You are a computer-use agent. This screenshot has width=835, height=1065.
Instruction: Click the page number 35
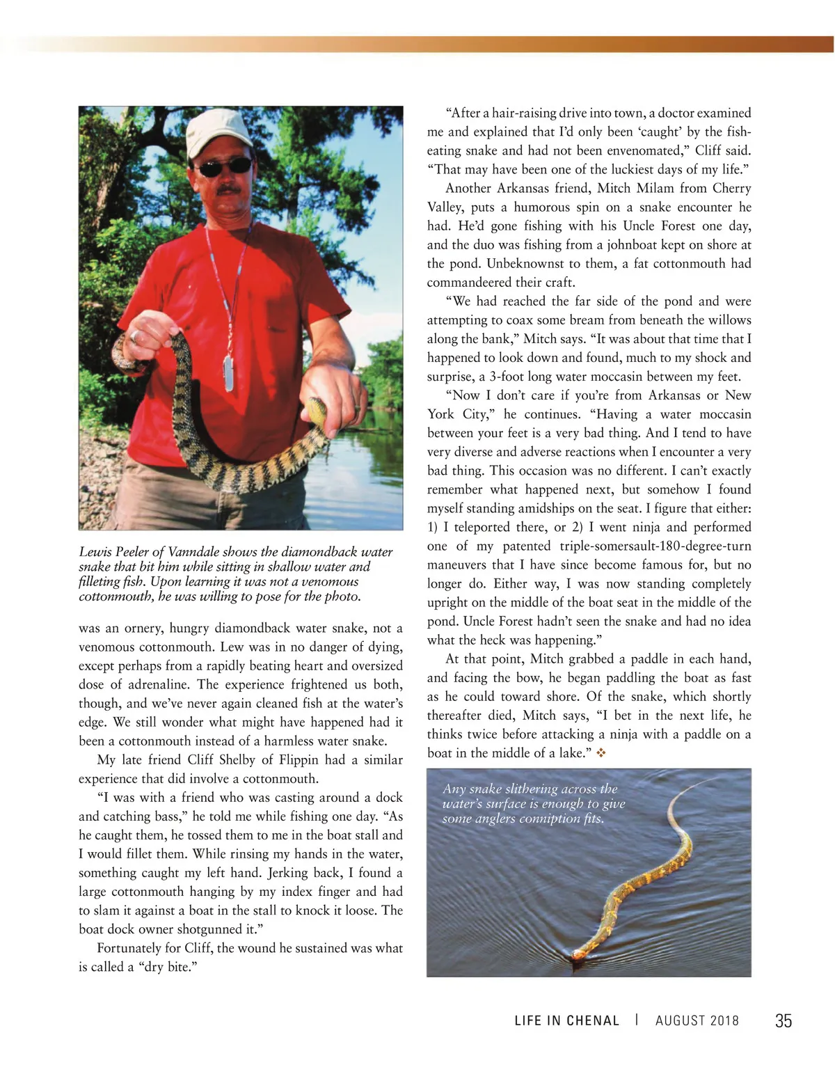(783, 1020)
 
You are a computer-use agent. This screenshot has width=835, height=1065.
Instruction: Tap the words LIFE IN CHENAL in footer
(566, 1021)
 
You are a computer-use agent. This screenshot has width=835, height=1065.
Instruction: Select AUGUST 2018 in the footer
(697, 1021)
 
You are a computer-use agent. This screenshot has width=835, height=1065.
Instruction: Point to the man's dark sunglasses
(223, 167)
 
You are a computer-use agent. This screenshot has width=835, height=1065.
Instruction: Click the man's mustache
(228, 189)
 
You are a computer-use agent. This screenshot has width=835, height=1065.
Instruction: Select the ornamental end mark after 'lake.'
(601, 753)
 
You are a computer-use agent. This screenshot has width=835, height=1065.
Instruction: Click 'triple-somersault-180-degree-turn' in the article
(655, 546)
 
